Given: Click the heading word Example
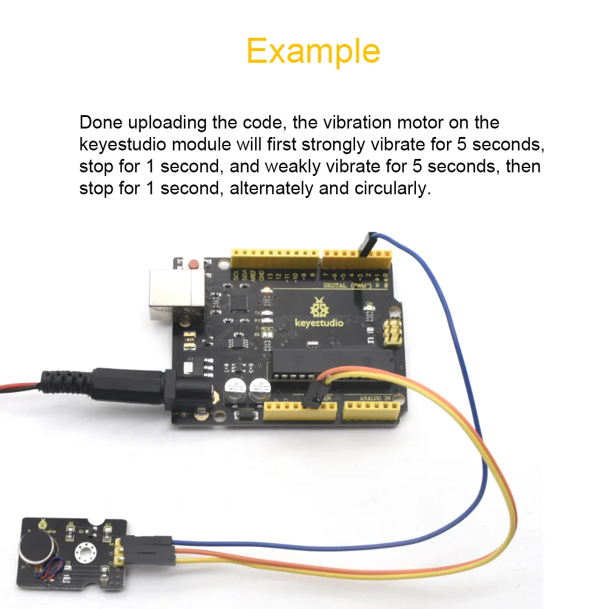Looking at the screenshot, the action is (x=313, y=51).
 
